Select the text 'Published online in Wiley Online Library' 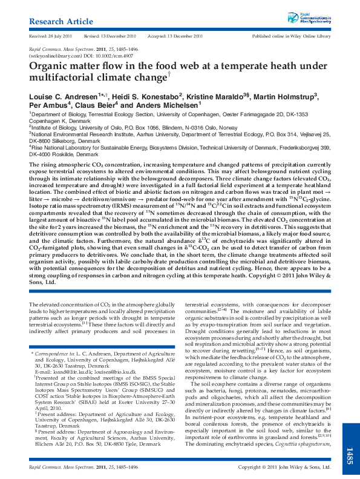291,36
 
